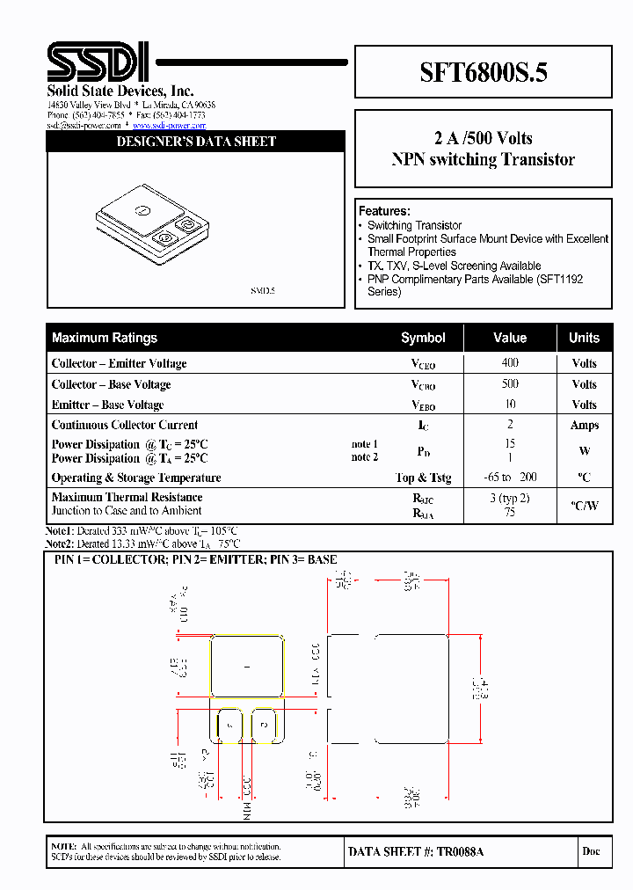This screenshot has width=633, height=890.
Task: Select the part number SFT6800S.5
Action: [483, 72]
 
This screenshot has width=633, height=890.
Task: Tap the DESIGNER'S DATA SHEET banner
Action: [196, 142]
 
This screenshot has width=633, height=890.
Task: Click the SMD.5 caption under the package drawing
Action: [263, 290]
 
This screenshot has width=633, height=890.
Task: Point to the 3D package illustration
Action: [150, 223]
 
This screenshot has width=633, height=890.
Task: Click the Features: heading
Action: [384, 211]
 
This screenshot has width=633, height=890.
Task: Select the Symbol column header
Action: [423, 338]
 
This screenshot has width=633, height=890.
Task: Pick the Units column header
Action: [584, 338]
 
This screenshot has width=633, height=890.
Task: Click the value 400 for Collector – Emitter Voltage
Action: [510, 362]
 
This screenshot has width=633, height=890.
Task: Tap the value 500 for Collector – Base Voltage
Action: [510, 383]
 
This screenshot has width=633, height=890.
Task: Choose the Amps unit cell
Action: [584, 425]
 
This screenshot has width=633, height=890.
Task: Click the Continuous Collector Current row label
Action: [125, 425]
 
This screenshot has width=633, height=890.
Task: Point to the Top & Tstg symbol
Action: [423, 478]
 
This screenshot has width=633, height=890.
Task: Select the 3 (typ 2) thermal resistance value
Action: [510, 497]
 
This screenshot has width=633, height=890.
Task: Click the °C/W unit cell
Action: [584, 506]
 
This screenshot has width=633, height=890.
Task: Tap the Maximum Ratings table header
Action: [105, 338]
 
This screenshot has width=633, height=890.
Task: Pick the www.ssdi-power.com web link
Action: [169, 126]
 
